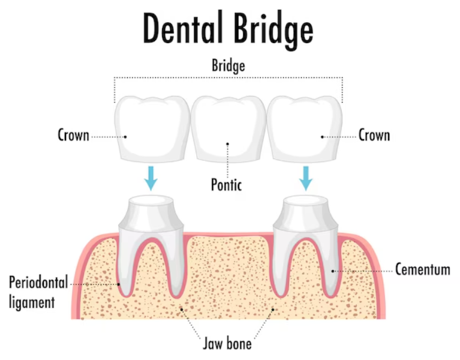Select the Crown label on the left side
(73, 135)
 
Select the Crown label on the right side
(374, 135)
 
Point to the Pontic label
(226, 184)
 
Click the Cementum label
(422, 269)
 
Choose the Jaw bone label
(226, 344)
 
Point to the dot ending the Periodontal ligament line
(119, 284)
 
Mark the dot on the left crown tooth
(125, 136)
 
